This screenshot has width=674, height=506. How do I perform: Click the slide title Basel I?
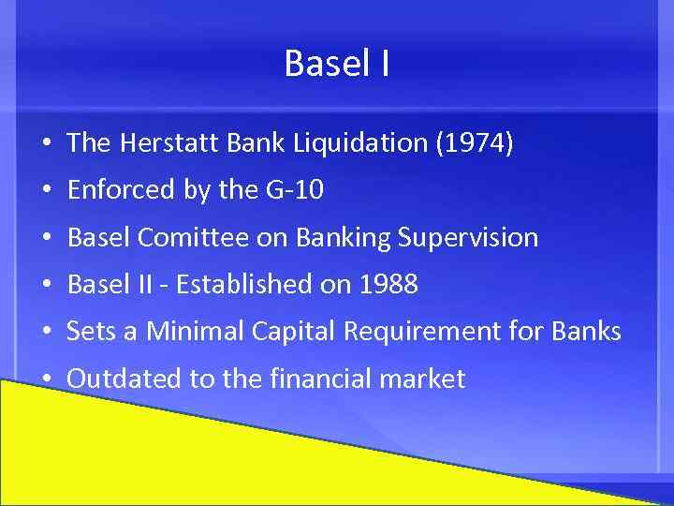(x=337, y=65)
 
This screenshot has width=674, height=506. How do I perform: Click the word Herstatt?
(x=173, y=143)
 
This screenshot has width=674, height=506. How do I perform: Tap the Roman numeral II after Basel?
(x=145, y=285)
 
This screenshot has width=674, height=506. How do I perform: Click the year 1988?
(x=387, y=285)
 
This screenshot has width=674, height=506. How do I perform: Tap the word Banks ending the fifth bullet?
(x=589, y=332)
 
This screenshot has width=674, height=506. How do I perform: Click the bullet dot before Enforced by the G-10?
(x=46, y=191)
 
